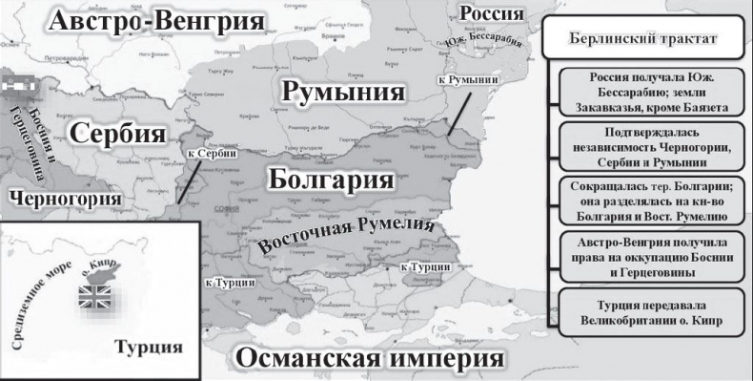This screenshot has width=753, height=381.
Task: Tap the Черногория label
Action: [62, 198]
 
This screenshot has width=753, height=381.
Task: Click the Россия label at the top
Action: [491, 14]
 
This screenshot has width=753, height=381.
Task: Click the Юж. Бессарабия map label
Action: [484, 42]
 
